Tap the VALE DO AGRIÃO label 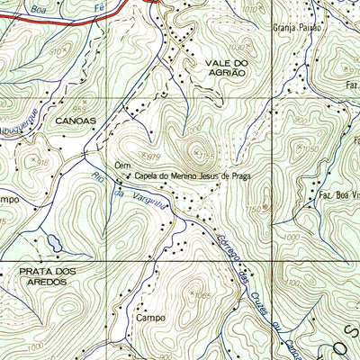click(x=219, y=68)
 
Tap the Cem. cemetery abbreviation click(x=123, y=165)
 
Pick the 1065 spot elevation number click(x=200, y=296)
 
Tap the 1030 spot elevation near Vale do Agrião click(x=237, y=46)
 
